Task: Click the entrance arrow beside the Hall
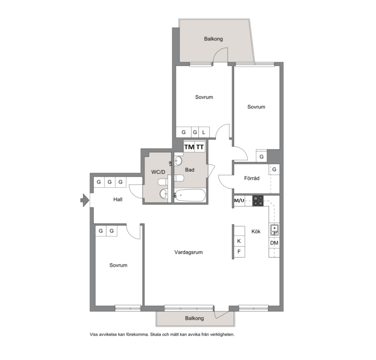click(85, 200)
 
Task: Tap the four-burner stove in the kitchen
click(258, 201)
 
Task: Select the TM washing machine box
click(189, 147)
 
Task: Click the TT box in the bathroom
click(200, 147)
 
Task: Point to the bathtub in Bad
click(190, 195)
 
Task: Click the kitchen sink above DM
click(274, 230)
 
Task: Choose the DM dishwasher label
click(274, 243)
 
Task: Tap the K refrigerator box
click(239, 241)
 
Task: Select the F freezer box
click(239, 252)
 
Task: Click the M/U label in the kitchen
click(239, 200)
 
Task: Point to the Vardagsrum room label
click(189, 252)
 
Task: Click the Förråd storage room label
click(252, 178)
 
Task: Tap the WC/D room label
click(158, 172)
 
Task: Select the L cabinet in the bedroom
click(204, 132)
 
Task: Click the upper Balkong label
click(214, 39)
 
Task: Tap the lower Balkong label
click(194, 318)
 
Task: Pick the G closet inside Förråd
click(274, 170)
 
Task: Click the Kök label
click(256, 232)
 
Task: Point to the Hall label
click(118, 199)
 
